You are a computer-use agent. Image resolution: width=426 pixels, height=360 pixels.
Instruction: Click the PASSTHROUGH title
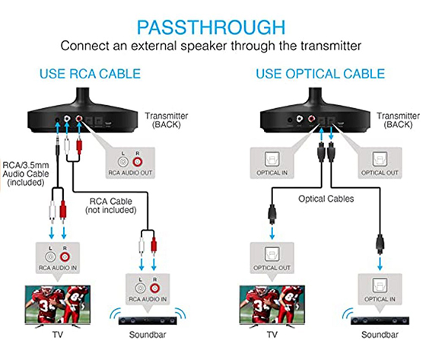coord(211,27)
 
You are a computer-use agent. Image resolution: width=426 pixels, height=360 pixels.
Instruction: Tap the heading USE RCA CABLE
coord(90,74)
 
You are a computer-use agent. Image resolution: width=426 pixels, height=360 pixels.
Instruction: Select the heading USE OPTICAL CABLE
coord(320,74)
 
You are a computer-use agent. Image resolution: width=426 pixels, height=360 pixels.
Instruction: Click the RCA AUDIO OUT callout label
coord(130,173)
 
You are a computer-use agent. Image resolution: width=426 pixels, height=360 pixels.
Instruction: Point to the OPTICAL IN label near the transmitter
coord(272,173)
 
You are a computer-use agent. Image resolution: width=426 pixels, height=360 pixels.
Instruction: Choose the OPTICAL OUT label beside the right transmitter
coord(380,173)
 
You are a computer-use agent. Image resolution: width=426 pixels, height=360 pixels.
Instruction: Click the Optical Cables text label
coord(326,199)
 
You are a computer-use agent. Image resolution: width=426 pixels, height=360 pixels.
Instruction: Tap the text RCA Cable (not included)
coord(111,205)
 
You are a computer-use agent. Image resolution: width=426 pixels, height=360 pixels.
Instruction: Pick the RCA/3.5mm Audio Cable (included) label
coord(26,174)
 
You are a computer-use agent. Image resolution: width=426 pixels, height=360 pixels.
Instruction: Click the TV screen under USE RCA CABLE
coord(58,304)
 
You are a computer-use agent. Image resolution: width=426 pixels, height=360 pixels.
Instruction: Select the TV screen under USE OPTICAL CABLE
coord(272,304)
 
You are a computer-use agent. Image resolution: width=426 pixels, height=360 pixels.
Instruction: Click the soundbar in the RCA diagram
coord(148,321)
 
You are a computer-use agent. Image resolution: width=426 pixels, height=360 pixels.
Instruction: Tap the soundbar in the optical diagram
coord(380,321)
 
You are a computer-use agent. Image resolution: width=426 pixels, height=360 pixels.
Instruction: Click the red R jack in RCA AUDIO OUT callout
coord(138,162)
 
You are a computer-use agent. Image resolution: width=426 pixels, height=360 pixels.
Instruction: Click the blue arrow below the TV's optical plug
coord(272,232)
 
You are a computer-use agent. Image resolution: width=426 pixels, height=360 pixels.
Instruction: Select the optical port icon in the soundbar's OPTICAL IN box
coord(380,285)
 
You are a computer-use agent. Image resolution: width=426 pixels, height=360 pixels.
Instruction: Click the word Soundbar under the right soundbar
coord(380,334)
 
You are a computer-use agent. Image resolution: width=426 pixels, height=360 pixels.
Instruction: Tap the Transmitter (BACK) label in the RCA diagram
coord(167,120)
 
